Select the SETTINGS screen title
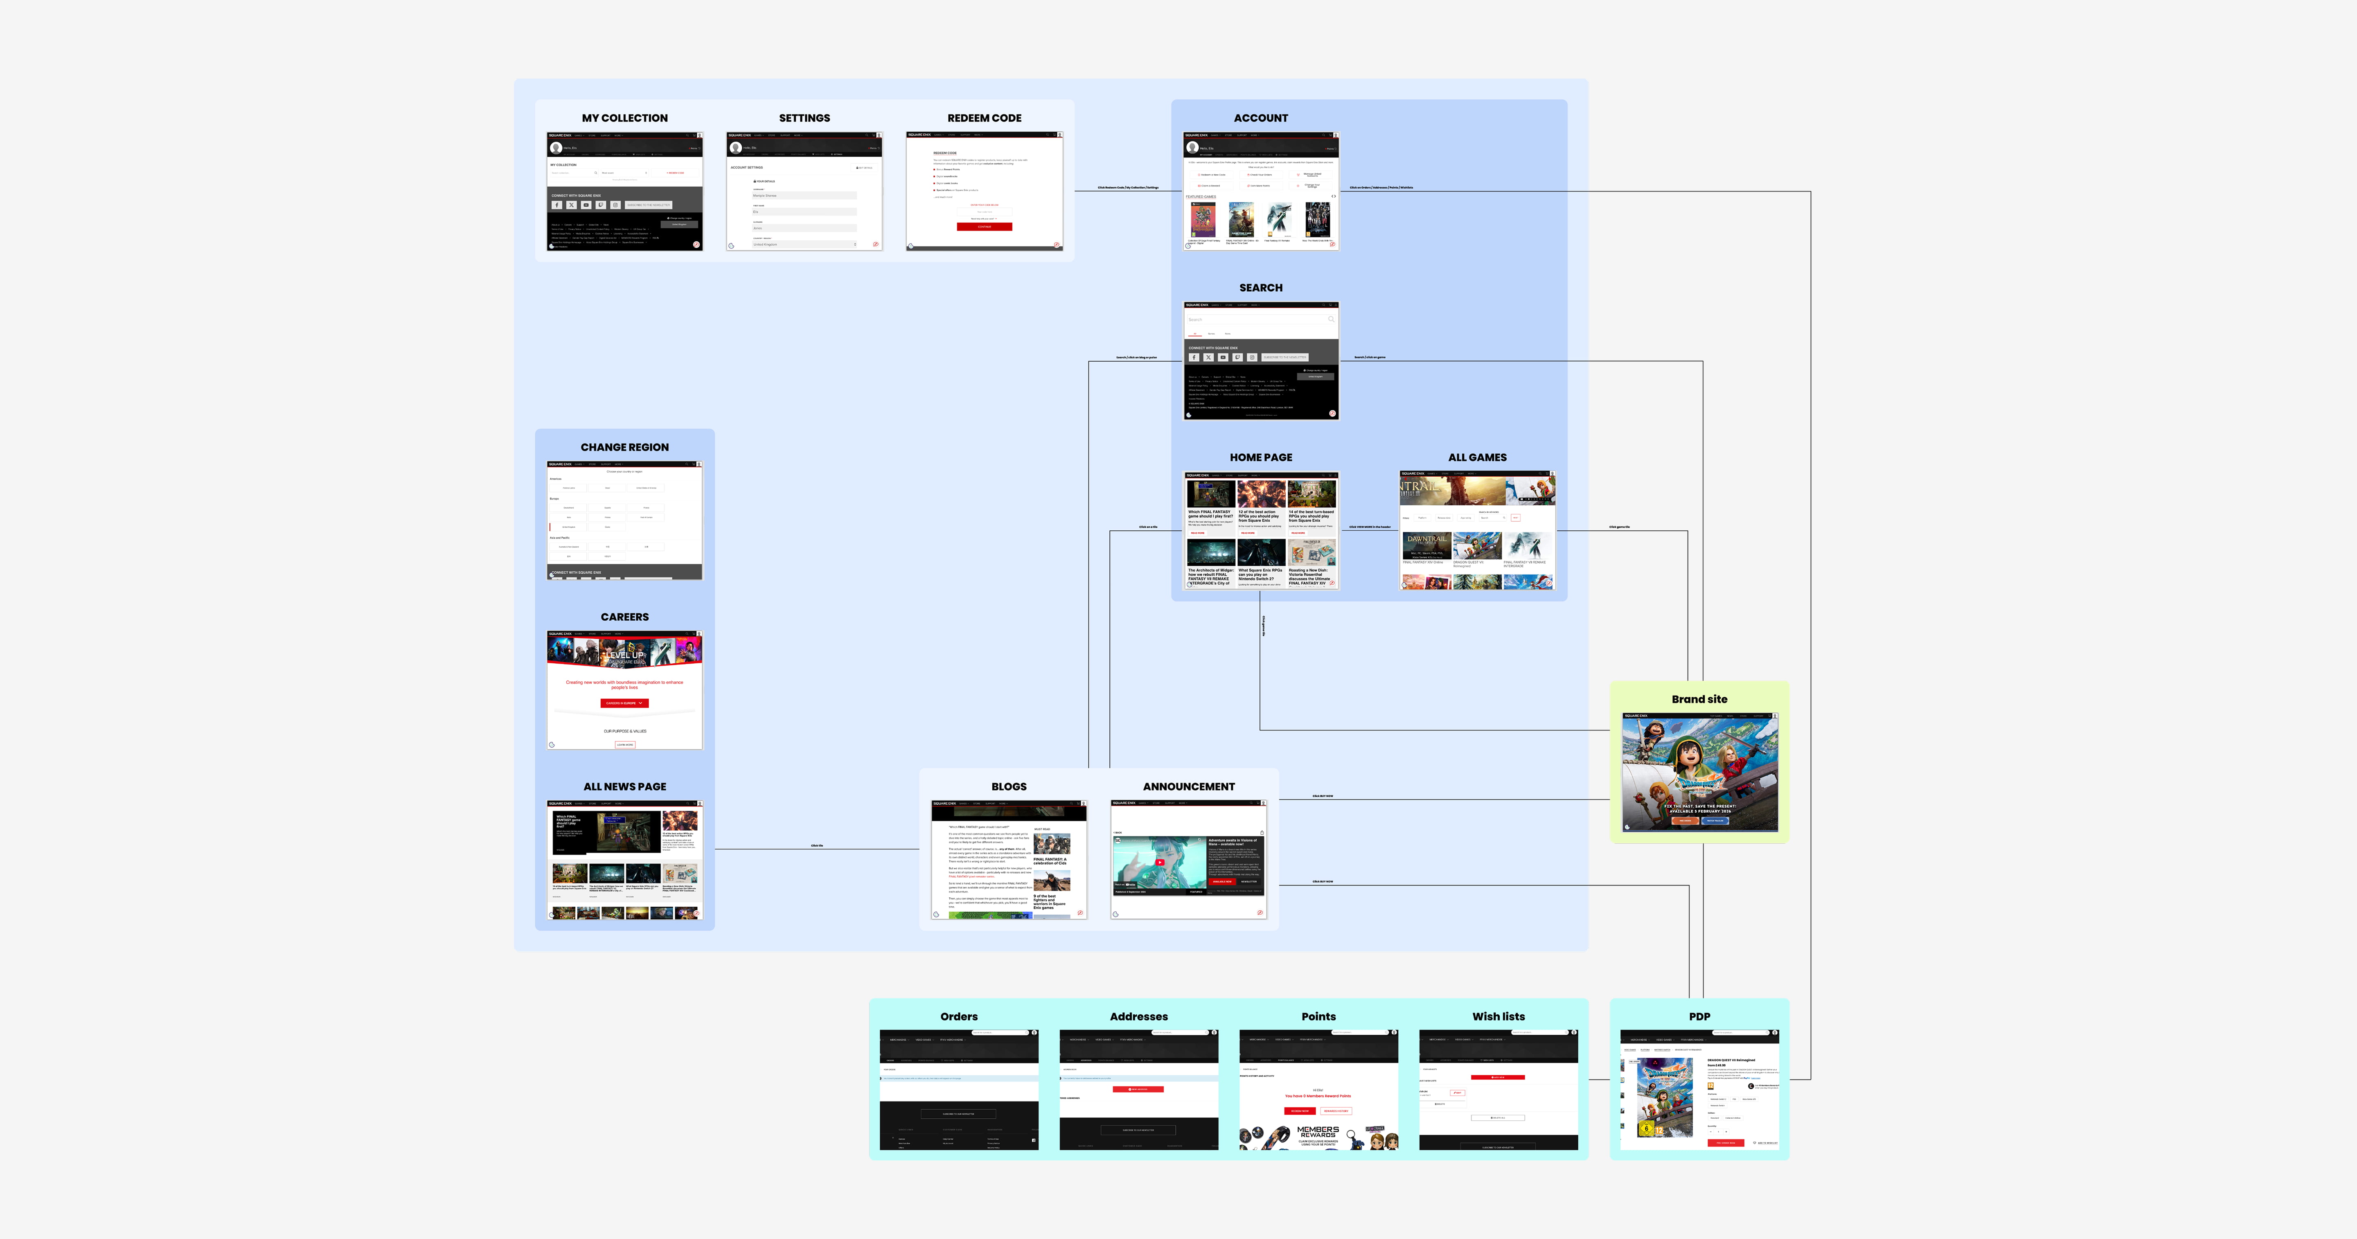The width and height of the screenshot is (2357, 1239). pos(804,118)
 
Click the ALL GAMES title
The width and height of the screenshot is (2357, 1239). pos(1477,457)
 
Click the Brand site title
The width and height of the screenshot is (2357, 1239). pos(1699,699)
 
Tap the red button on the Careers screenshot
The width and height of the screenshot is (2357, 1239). pos(624,703)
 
